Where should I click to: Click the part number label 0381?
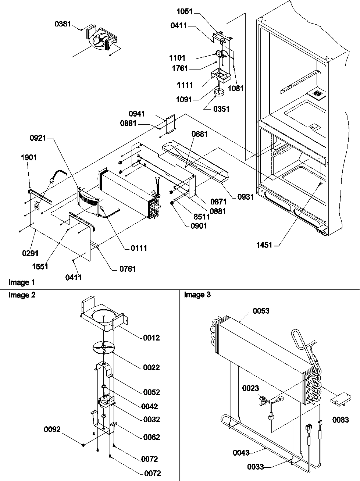[63, 24]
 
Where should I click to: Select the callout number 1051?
[184, 11]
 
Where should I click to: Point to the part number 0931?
[245, 197]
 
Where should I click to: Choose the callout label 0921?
[38, 138]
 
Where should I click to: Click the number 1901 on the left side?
[28, 157]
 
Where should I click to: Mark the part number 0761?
[127, 269]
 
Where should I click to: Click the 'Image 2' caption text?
[22, 295]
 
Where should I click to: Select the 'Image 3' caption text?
[197, 295]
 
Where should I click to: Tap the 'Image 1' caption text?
[22, 282]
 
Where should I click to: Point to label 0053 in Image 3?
[261, 311]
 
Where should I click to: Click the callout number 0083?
[341, 420]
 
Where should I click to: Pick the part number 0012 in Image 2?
[152, 338]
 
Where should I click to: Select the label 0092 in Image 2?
[53, 429]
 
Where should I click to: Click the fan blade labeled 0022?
[104, 347]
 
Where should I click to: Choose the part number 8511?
[202, 217]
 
